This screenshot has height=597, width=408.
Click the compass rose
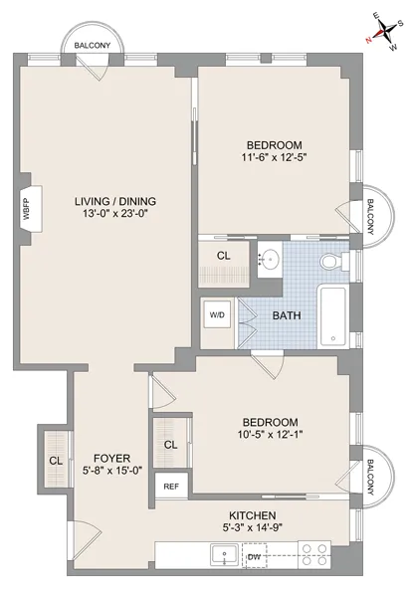pos(381,31)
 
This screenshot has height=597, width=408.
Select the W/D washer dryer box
pos(217,315)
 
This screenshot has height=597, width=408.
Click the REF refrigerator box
pos(170,487)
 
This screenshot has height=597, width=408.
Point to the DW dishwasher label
pos(256,557)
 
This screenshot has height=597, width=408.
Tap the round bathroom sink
pos(269,261)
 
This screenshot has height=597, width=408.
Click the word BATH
pos(287,316)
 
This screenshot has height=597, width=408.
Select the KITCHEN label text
pos(252,516)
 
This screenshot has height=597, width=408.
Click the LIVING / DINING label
pos(114,201)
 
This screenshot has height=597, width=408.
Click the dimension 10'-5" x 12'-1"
pos(268,435)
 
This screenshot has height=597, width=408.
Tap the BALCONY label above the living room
pos(93,45)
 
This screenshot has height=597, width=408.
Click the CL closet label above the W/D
pos(224,256)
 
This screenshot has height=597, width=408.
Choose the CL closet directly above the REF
pos(170,444)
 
